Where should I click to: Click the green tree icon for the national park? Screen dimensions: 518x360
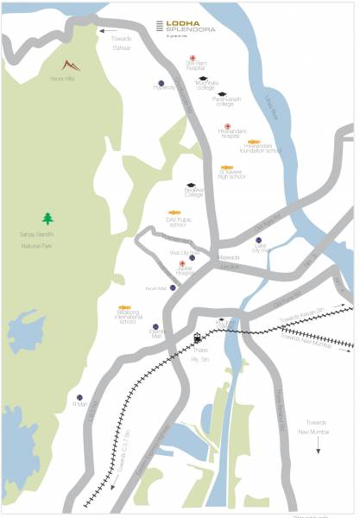click(x=47, y=218)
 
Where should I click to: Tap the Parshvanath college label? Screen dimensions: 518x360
click(x=222, y=103)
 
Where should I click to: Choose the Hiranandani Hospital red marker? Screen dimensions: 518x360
click(x=227, y=127)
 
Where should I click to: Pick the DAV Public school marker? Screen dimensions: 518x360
click(x=174, y=212)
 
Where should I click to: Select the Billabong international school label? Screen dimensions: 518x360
click(x=127, y=316)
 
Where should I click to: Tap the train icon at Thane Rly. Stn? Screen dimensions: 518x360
click(x=198, y=337)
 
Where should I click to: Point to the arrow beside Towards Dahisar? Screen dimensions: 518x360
click(x=108, y=32)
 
